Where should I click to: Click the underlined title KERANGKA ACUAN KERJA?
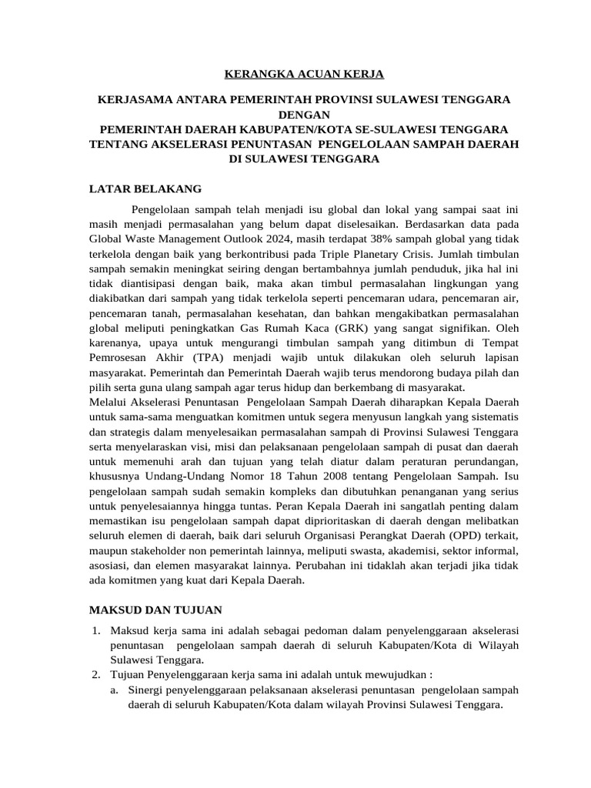pos(303,75)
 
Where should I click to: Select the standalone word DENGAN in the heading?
pos(303,115)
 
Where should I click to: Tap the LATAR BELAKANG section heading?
pos(145,189)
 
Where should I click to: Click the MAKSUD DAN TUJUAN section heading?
pos(155,610)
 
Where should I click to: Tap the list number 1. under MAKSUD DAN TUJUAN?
pos(96,631)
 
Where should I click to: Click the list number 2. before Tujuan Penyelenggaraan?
pos(96,675)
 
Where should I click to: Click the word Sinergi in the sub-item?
pos(147,690)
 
